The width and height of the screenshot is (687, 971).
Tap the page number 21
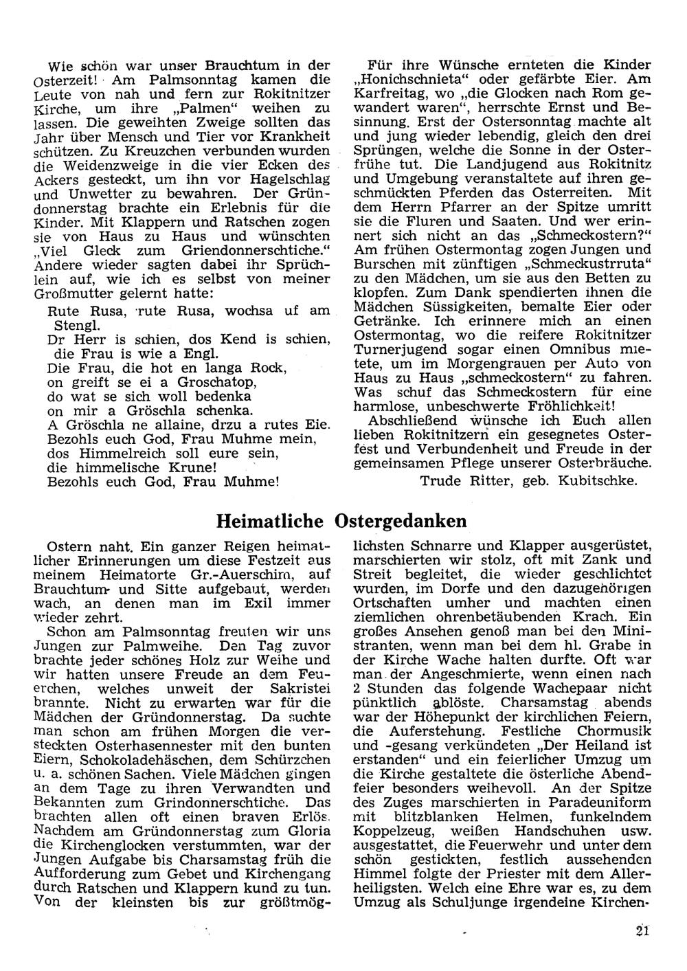coord(643,931)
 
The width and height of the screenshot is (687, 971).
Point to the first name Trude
coord(440,480)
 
